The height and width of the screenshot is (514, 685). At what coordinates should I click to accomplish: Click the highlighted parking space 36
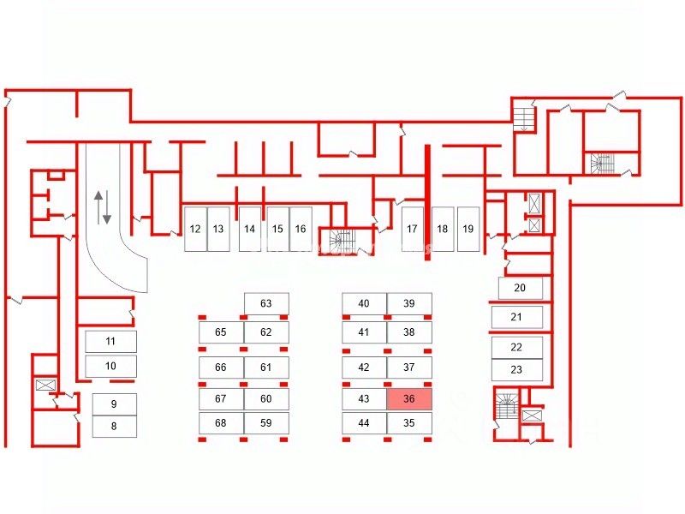pyautogui.click(x=408, y=399)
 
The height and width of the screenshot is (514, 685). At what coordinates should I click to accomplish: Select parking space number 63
pyautogui.click(x=265, y=303)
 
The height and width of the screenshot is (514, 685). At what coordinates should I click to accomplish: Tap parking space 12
pyautogui.click(x=195, y=229)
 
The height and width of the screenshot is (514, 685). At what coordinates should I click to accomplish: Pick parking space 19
pyautogui.click(x=468, y=229)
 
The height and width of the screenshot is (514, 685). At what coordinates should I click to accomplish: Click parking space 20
pyautogui.click(x=519, y=288)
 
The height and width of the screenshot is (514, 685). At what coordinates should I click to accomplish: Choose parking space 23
pyautogui.click(x=516, y=370)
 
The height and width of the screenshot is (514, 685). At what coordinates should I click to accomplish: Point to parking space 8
pyautogui.click(x=113, y=425)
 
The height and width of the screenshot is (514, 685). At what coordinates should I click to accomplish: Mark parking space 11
pyautogui.click(x=110, y=341)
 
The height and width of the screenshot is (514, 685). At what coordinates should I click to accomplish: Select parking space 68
pyautogui.click(x=221, y=422)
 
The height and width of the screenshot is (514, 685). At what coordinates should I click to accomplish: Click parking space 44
pyautogui.click(x=364, y=422)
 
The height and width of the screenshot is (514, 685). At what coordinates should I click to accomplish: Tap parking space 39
pyautogui.click(x=408, y=303)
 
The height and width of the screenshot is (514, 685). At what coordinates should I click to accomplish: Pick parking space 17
pyautogui.click(x=412, y=229)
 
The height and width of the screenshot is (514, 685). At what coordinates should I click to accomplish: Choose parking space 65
pyautogui.click(x=221, y=332)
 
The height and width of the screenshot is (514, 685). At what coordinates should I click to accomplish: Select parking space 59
pyautogui.click(x=265, y=422)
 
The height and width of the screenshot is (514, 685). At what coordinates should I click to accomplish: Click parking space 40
pyautogui.click(x=364, y=303)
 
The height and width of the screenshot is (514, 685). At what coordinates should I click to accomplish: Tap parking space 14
pyautogui.click(x=249, y=229)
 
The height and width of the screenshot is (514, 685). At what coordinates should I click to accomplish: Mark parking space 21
pyautogui.click(x=516, y=317)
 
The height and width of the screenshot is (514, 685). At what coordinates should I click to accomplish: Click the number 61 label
pyautogui.click(x=265, y=368)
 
